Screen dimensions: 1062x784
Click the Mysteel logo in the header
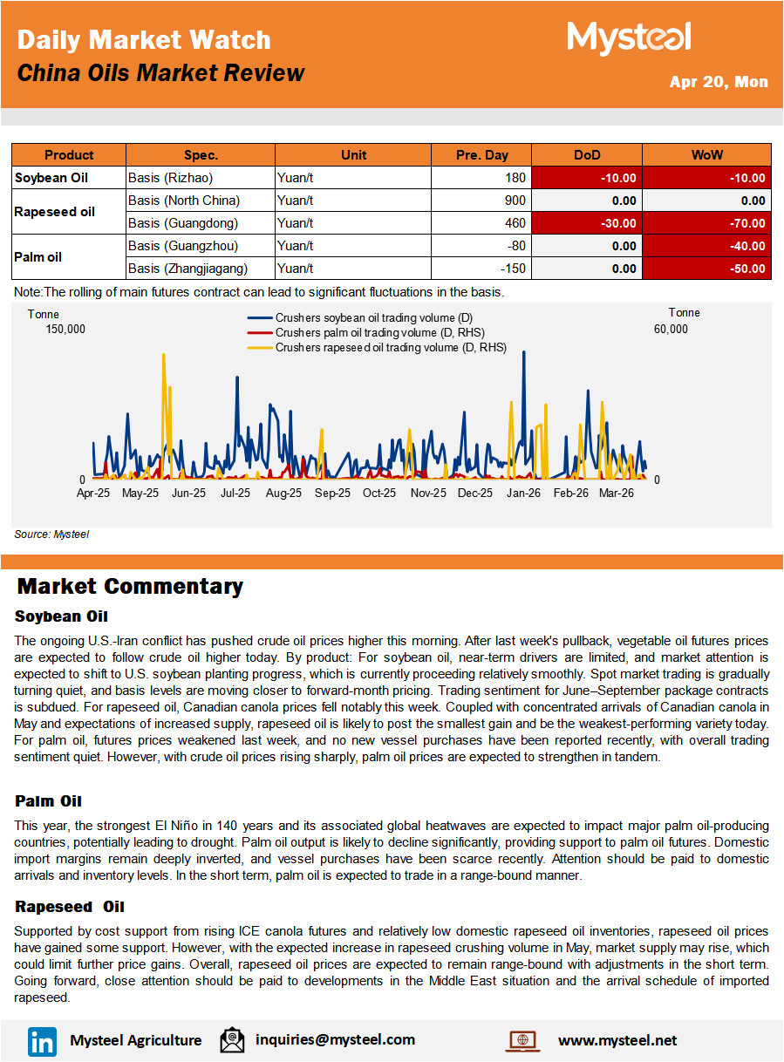point(629,38)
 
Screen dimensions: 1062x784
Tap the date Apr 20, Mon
point(719,82)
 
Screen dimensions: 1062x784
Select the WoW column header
point(706,155)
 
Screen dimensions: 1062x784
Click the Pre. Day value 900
point(515,201)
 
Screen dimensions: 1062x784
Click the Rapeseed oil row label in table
point(55,212)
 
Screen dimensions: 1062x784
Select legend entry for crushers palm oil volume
point(379,332)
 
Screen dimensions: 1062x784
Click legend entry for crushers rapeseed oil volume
point(390,347)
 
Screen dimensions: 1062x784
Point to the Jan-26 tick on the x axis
point(523,493)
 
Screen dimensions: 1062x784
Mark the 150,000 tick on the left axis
point(65,329)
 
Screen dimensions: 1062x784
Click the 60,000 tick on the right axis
point(671,329)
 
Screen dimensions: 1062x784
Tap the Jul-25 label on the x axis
point(235,493)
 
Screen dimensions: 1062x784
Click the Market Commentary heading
point(130,586)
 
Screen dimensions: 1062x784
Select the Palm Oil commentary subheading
point(48,800)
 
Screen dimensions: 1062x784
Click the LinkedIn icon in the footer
point(42,1040)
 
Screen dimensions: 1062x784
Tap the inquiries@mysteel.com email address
point(335,1039)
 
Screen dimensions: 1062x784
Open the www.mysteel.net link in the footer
point(617,1040)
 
